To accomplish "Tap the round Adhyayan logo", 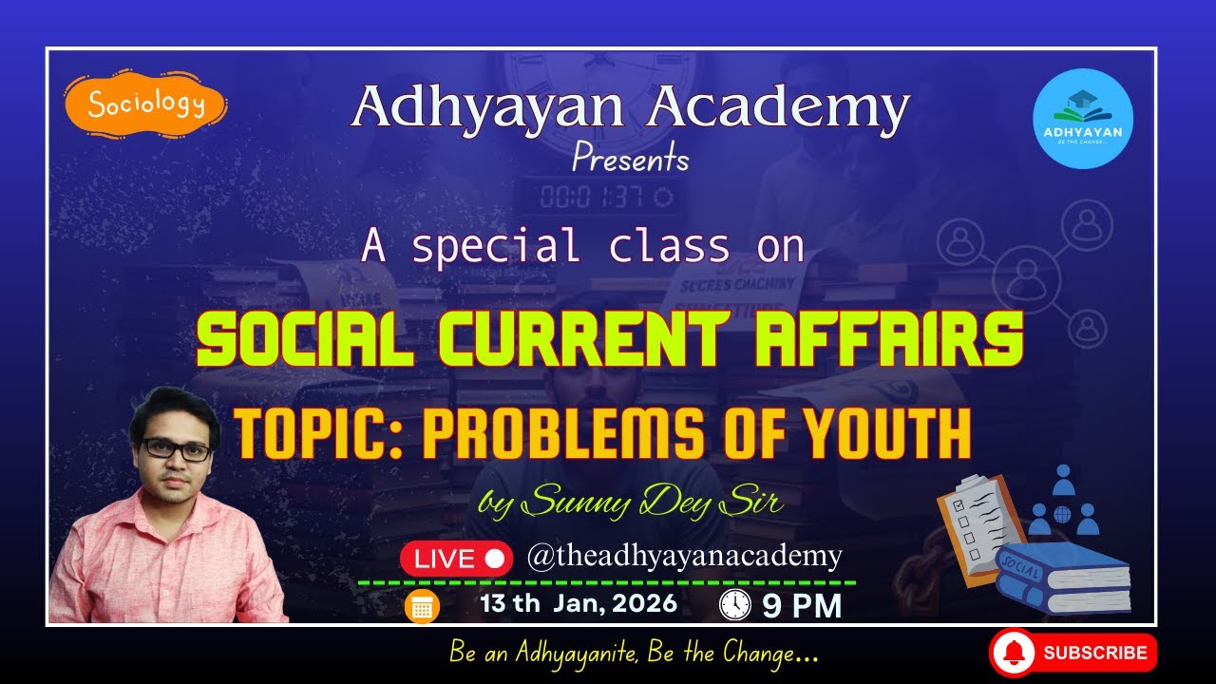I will [x=1082, y=119].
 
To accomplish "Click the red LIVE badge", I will [x=456, y=559].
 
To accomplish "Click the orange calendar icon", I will [x=422, y=607].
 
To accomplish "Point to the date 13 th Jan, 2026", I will [x=579, y=603].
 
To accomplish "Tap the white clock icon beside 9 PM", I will [x=735, y=605].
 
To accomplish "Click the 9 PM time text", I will [x=803, y=606].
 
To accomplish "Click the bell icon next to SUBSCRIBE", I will [x=1015, y=654].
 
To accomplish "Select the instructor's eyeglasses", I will [x=177, y=449].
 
